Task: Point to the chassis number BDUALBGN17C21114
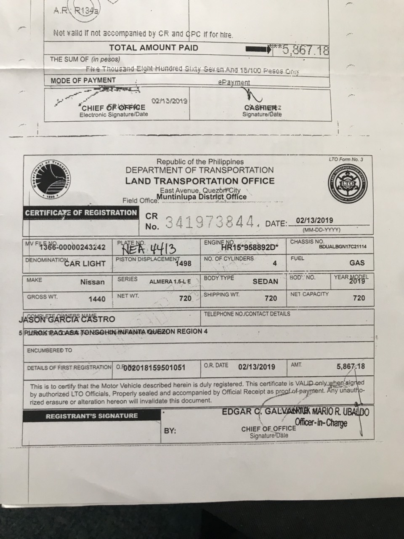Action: point(340,247)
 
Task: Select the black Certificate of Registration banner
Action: point(81,213)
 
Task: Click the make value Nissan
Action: point(93,282)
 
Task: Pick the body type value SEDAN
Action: point(265,281)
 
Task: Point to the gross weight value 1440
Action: point(97,299)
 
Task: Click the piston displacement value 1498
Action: point(183,264)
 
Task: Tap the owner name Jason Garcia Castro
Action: point(67,319)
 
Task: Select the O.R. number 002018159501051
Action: point(154,368)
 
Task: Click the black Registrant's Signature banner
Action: point(91,416)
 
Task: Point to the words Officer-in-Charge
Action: point(321,422)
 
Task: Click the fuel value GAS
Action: point(356,263)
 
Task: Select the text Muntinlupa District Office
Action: point(202,196)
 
